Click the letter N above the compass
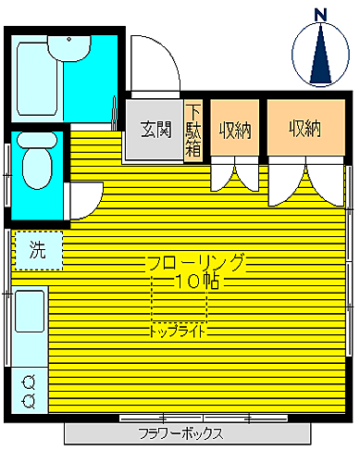(x=321, y=15)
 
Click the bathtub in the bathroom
(x=37, y=79)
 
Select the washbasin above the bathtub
(x=69, y=48)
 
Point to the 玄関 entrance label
(x=156, y=130)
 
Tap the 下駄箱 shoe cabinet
(x=193, y=131)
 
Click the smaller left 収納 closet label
(x=235, y=131)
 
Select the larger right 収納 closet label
(x=305, y=129)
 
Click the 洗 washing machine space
(x=39, y=250)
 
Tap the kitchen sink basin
(x=30, y=311)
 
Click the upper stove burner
(x=29, y=382)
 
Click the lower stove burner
(x=29, y=401)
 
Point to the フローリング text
(x=196, y=262)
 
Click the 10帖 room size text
(x=197, y=282)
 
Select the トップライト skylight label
(x=178, y=332)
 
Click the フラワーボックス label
(x=180, y=433)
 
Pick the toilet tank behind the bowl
(x=37, y=141)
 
